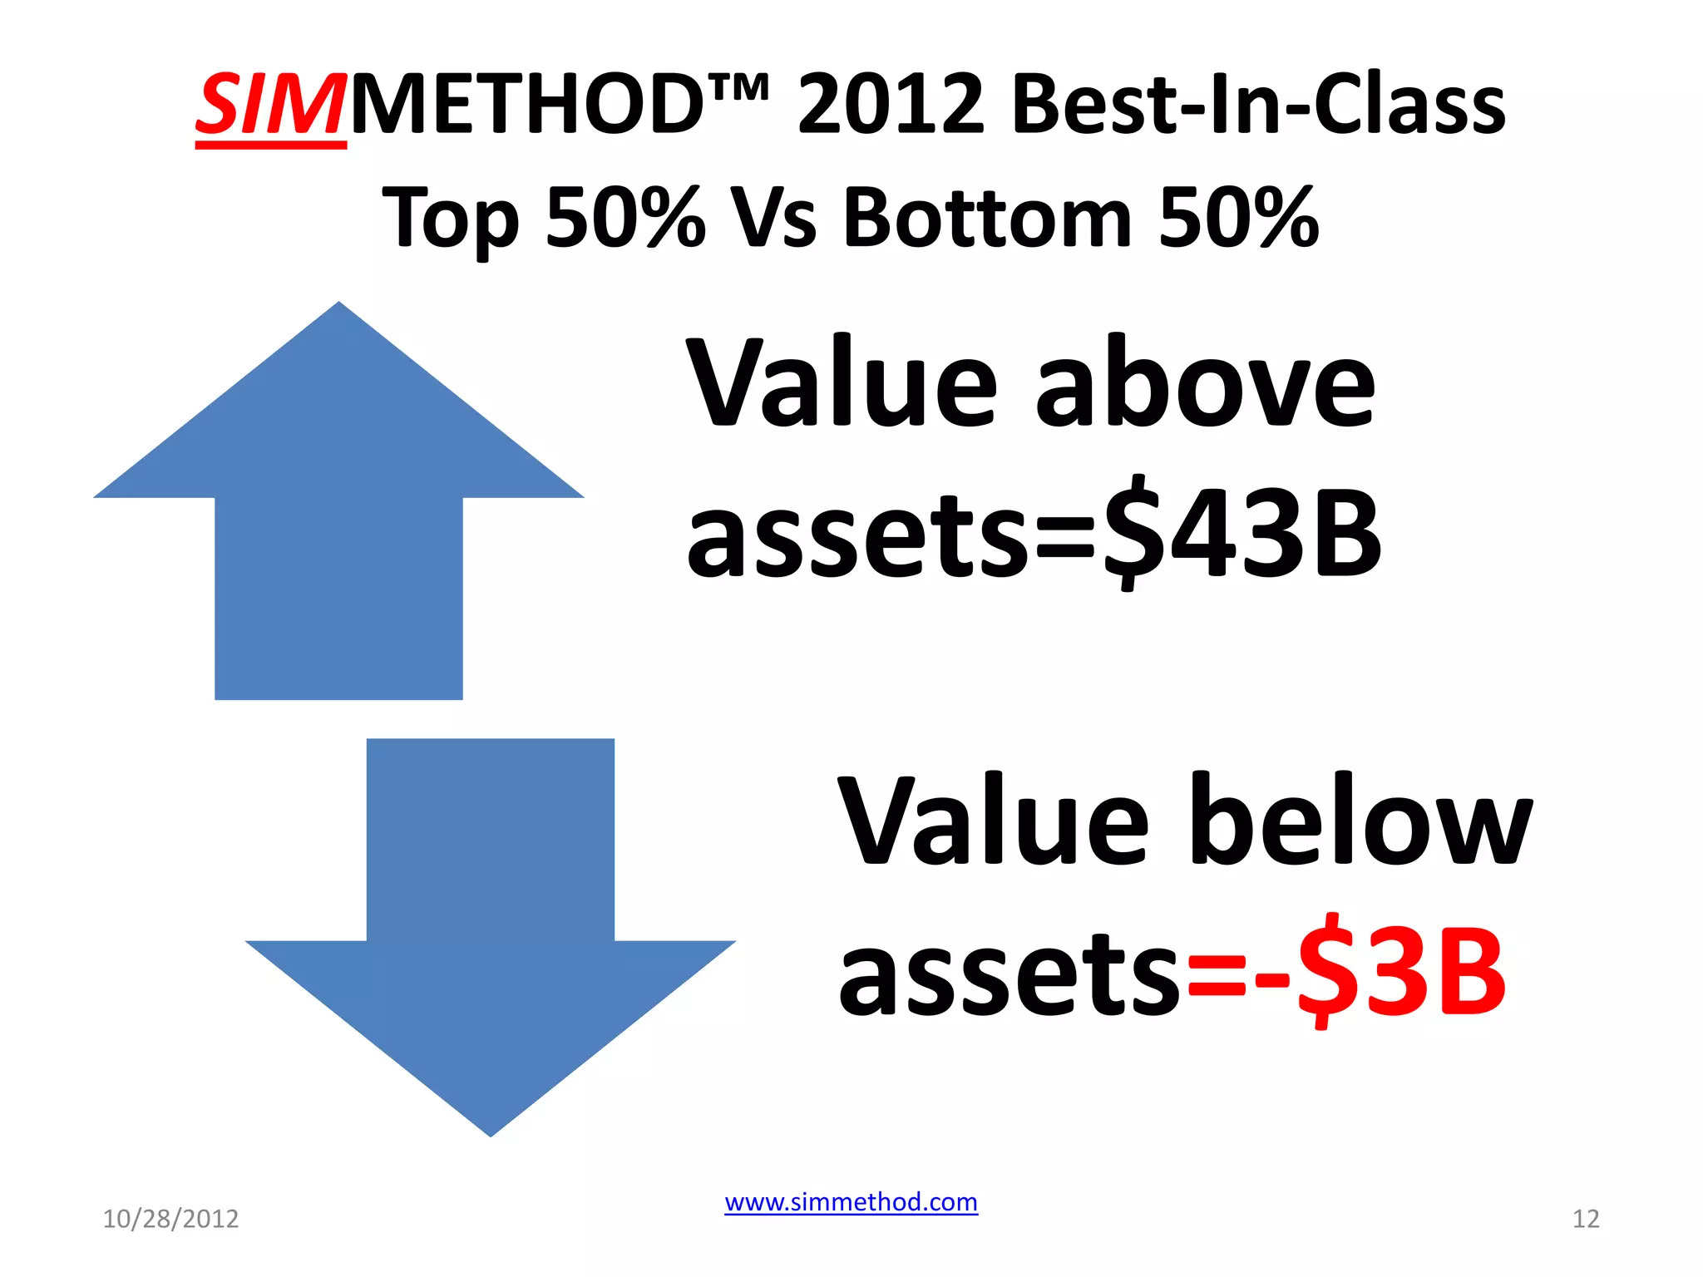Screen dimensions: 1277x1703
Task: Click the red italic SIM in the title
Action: [270, 106]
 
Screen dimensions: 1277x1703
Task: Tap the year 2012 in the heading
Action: [891, 106]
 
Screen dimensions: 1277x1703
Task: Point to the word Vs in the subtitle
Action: [773, 219]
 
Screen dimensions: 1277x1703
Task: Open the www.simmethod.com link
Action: [851, 1202]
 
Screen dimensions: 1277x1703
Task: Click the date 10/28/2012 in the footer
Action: [170, 1219]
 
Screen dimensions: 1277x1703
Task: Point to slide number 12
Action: [1586, 1219]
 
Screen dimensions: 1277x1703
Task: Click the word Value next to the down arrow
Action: [994, 823]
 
